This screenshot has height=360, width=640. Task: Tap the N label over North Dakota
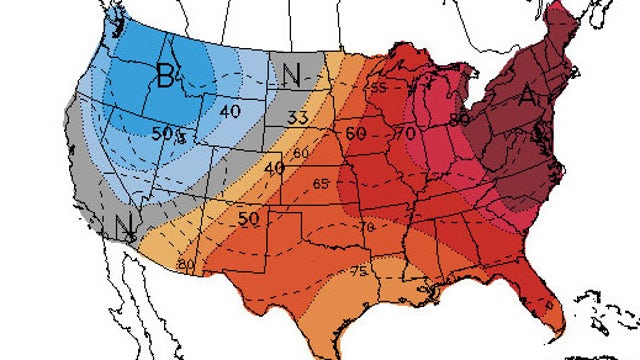click(x=292, y=75)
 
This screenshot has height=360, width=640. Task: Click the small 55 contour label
click(x=379, y=89)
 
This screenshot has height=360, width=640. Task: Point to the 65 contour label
click(x=321, y=185)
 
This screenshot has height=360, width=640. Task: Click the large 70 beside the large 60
click(x=406, y=131)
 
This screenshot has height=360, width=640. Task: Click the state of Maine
click(x=590, y=30)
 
